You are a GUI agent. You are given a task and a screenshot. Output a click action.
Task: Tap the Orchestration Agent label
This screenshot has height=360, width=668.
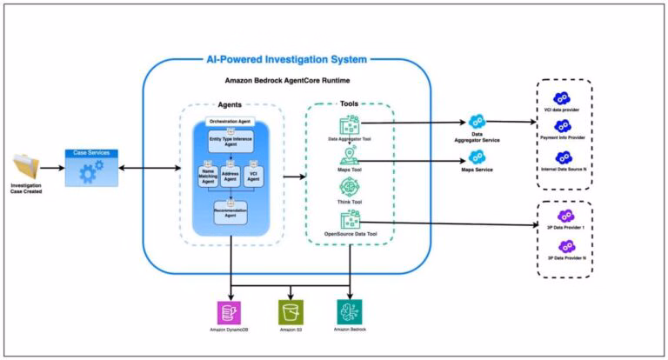[230, 120]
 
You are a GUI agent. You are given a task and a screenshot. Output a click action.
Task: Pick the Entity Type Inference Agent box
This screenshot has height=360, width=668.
[230, 140]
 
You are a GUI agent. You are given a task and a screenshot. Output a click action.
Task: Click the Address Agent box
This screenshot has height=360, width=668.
[230, 176]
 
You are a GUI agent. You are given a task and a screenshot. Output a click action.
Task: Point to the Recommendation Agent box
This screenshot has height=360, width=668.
[230, 212]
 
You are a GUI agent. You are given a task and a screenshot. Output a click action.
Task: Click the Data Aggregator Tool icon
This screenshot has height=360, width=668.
[350, 127]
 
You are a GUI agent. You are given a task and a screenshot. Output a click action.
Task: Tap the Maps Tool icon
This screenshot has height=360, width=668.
[350, 157]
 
